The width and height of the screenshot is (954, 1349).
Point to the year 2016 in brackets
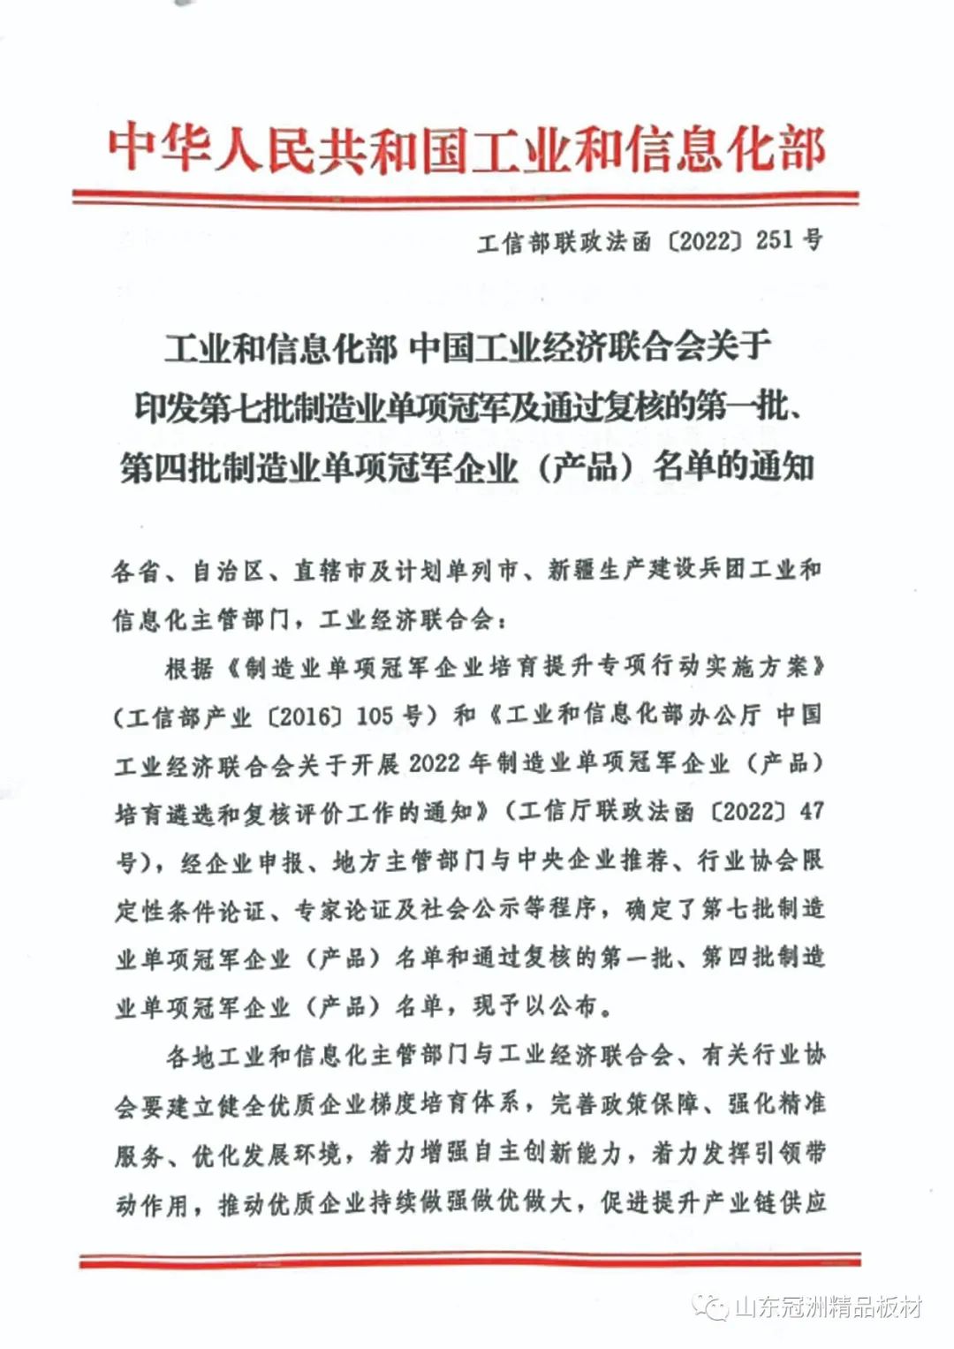click(307, 716)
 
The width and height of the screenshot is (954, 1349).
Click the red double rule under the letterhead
click(466, 198)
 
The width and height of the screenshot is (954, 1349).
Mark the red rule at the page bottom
click(469, 1258)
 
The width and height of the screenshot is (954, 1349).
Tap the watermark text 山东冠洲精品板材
click(827, 1307)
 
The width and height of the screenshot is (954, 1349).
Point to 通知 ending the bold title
click(779, 466)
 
